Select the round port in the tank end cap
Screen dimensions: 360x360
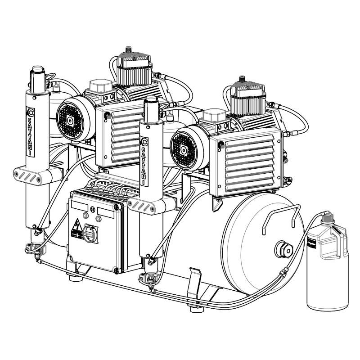(x=284, y=249)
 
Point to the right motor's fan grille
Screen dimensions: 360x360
(x=184, y=150)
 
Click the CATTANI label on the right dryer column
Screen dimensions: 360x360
(x=144, y=162)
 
